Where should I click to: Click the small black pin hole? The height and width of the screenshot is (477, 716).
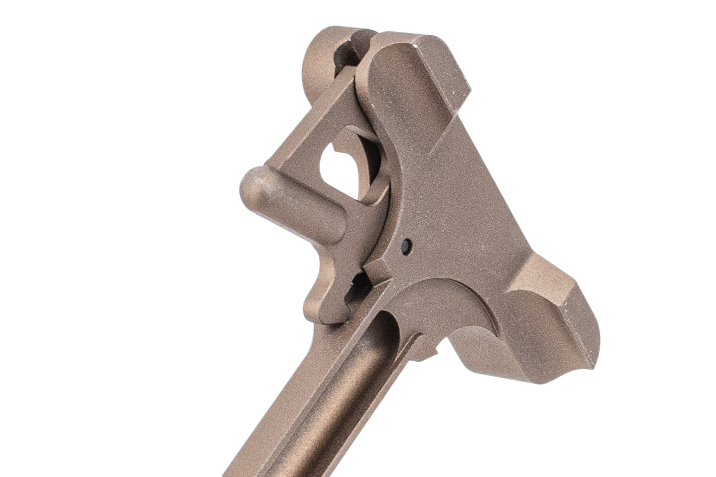(407, 245)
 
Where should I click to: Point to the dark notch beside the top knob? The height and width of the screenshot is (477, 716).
(347, 58)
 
